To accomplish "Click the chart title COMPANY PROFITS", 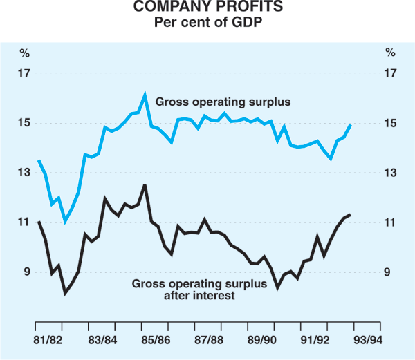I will [207, 10].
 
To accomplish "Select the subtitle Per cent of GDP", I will [207, 23].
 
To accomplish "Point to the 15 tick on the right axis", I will [391, 123].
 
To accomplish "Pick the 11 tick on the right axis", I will [391, 222].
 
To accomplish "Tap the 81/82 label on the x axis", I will [49, 339].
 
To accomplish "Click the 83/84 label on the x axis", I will [102, 339].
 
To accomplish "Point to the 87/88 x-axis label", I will [209, 339].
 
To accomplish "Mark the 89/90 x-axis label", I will [262, 339].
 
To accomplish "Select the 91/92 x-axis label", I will [315, 339].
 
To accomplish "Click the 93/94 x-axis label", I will [369, 339].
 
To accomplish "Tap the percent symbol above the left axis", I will [24, 53].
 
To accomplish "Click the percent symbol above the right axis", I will [391, 53].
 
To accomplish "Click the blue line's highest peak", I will [145, 94].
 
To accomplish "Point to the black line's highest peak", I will [145, 184].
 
